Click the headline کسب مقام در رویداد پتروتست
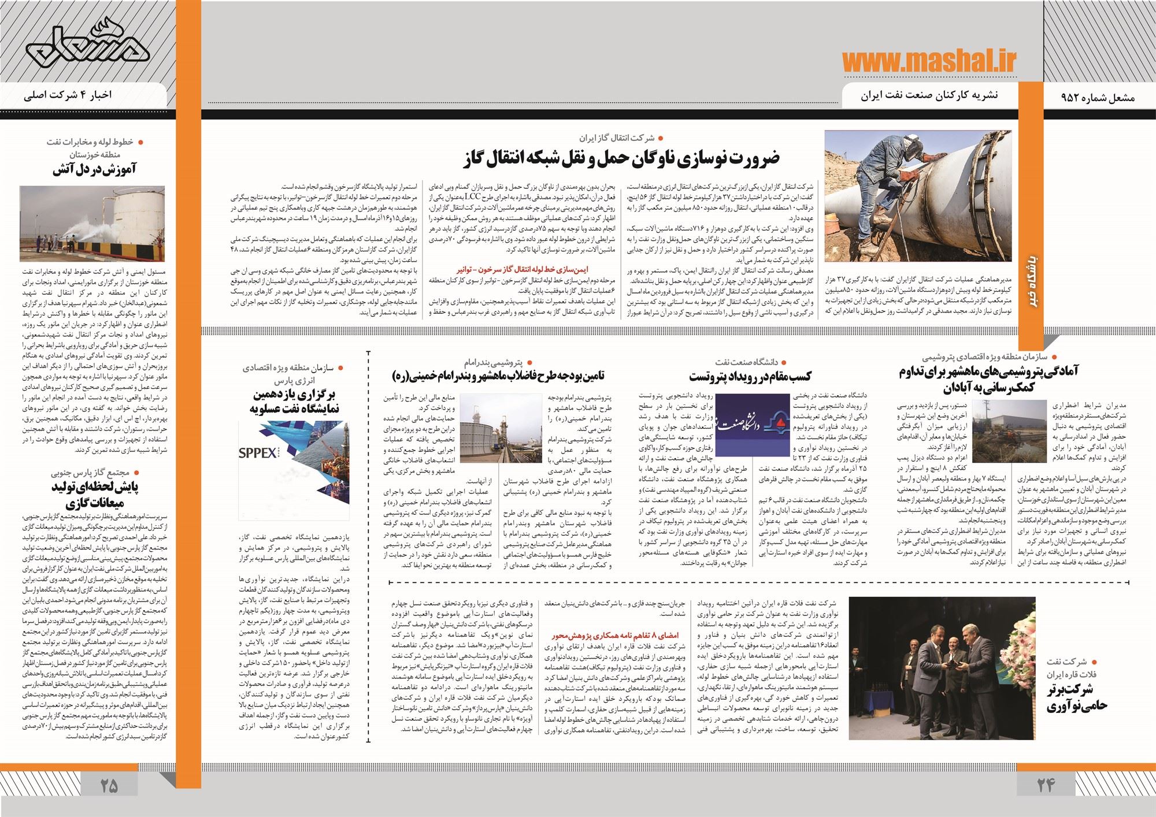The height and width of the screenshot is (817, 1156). pyautogui.click(x=750, y=377)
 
